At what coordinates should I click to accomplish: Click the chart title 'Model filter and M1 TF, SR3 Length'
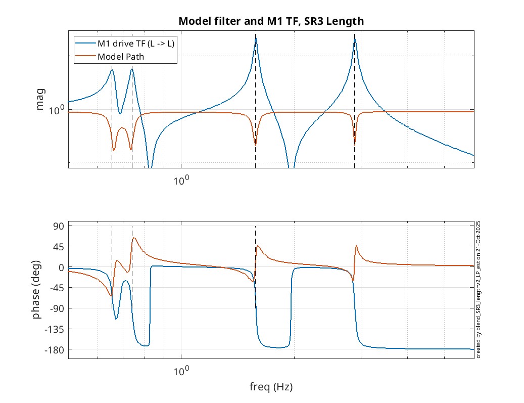(x=271, y=21)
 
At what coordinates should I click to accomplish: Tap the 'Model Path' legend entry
(x=121, y=57)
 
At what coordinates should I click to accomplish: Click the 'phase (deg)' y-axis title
(x=36, y=292)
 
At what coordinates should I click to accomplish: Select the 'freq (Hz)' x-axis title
(x=271, y=388)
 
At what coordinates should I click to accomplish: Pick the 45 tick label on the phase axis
(x=58, y=246)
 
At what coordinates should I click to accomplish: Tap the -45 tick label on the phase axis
(x=57, y=288)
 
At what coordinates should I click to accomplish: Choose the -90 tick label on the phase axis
(x=57, y=308)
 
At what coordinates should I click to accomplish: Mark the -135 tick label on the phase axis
(x=55, y=329)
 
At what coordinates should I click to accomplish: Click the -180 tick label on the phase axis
(x=55, y=350)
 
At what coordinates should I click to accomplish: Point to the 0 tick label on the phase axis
(x=61, y=267)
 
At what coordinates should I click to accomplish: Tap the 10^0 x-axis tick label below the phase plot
(x=181, y=370)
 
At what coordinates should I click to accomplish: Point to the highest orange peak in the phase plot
(x=134, y=238)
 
